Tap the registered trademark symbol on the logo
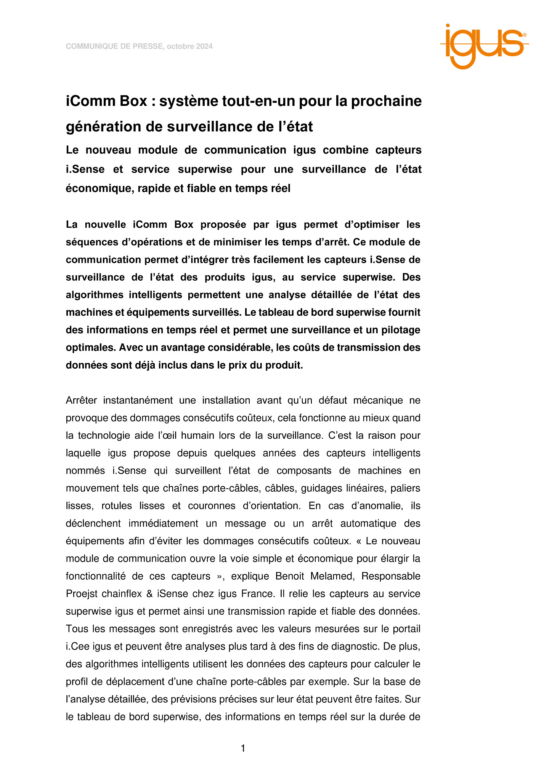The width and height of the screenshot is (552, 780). pyautogui.click(x=525, y=35)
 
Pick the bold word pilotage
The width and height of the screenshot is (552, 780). pyautogui.click(x=401, y=330)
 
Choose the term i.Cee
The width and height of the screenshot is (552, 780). pyautogui.click(x=77, y=646)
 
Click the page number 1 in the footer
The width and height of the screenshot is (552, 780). pyautogui.click(x=243, y=749)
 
